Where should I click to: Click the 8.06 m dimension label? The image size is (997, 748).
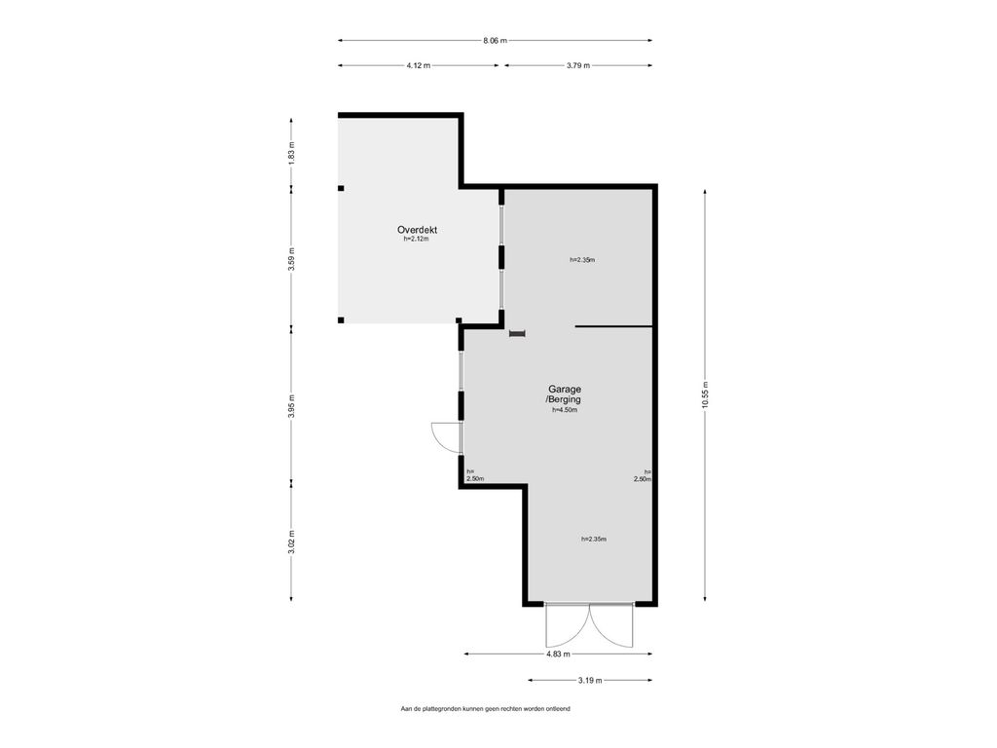495,41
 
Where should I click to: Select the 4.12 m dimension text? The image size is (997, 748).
419,65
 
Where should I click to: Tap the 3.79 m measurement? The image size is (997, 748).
578,65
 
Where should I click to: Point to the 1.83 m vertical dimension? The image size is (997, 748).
292,153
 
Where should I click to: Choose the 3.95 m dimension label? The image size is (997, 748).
292,405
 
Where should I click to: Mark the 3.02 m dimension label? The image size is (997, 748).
292,542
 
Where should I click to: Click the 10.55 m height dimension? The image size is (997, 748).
705,394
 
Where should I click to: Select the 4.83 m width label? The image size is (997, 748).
558,654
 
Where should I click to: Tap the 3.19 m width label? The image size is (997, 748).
590,681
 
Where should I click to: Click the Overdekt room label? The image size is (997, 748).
417,230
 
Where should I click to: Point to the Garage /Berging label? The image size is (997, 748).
564,394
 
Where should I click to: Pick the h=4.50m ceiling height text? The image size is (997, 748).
565,410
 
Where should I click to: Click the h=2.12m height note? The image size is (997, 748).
417,240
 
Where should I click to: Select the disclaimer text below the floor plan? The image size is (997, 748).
485,709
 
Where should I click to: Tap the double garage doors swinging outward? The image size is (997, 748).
589,624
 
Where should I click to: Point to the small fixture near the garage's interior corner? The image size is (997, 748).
518,333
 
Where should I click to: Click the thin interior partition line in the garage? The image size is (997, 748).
614,327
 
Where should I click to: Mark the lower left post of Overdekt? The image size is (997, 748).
341,320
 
